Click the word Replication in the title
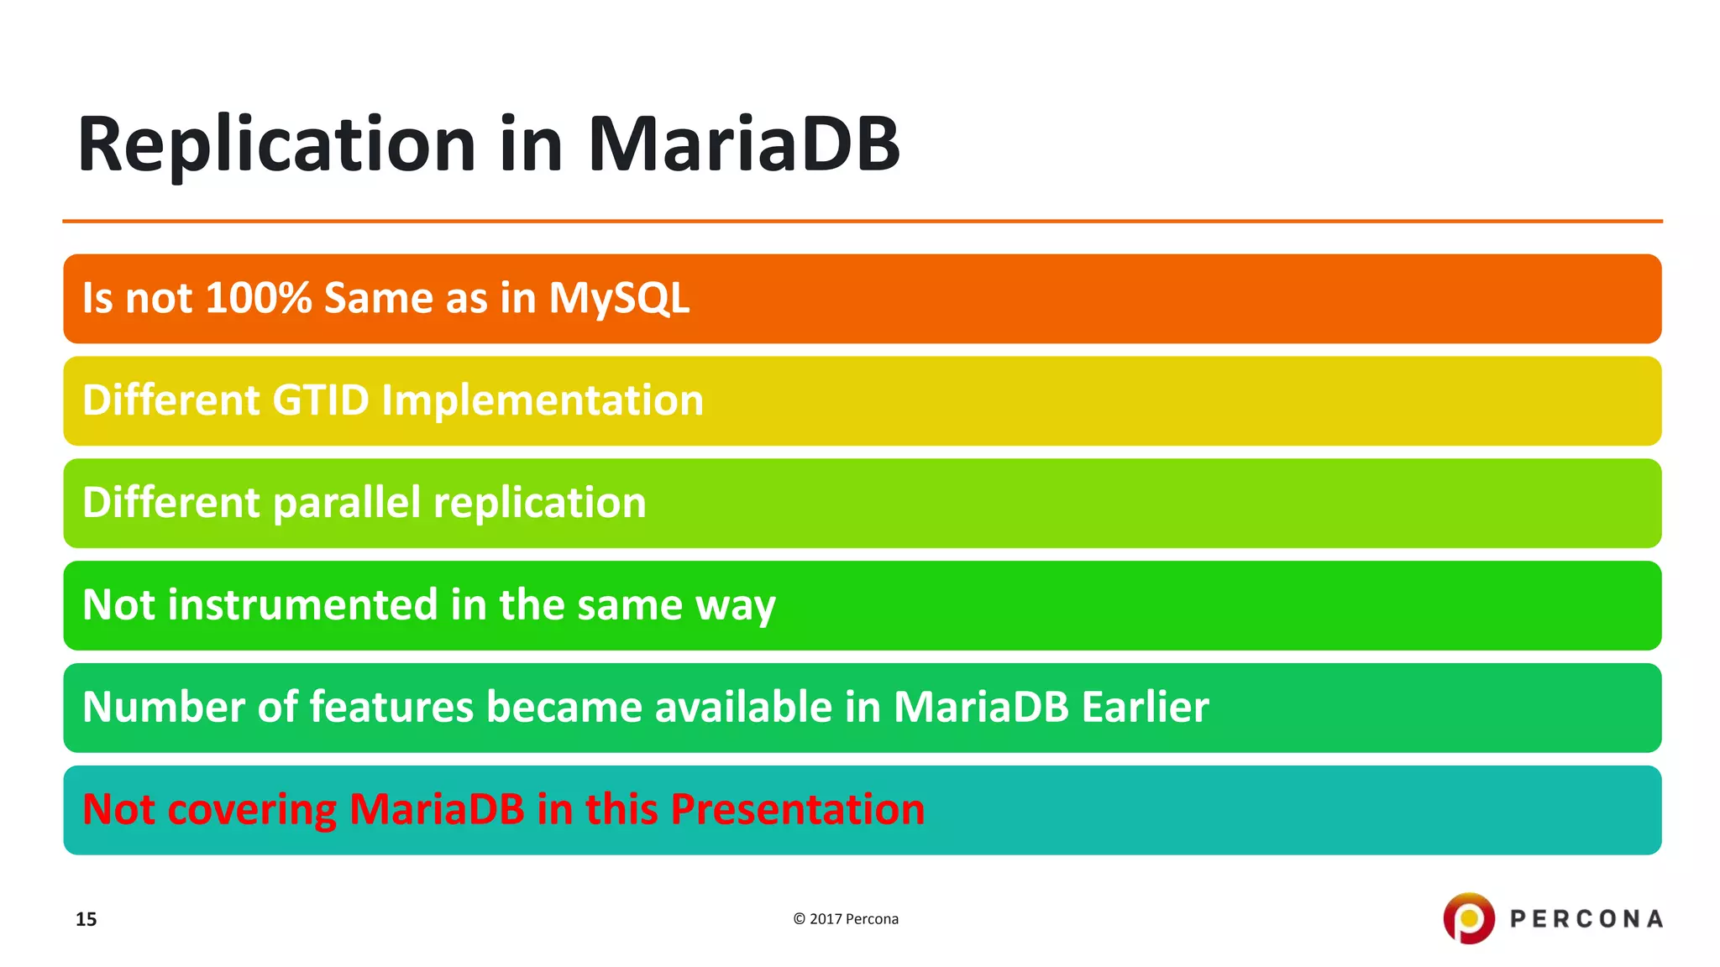[x=277, y=144]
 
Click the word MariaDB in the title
[x=743, y=144]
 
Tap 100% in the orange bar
[x=259, y=298]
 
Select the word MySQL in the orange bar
[x=619, y=298]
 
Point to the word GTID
[x=321, y=400]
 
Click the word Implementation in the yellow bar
[x=543, y=400]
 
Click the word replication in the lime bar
[x=540, y=503]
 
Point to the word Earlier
[x=1145, y=707]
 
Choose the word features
[x=392, y=707]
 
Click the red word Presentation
[x=797, y=809]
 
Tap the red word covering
[x=252, y=809]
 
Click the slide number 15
[x=86, y=919]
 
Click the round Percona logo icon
[x=1469, y=918]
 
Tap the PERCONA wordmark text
[x=1586, y=919]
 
